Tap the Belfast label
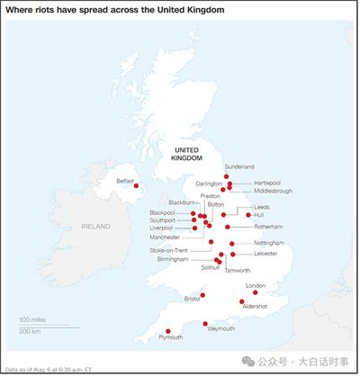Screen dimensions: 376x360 point(125,181)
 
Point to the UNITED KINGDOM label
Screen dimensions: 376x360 point(189,153)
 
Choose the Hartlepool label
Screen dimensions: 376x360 point(267,183)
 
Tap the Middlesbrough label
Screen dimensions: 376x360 point(273,191)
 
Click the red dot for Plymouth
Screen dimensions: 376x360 point(163,328)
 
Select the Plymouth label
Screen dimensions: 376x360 point(170,337)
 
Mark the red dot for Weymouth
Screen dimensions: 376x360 point(206,323)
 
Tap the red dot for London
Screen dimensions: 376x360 point(256,292)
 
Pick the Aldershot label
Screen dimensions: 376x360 point(255,307)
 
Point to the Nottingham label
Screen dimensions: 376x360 point(268,243)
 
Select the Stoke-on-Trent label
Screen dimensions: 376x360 point(168,250)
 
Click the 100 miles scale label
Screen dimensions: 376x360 point(32,319)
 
